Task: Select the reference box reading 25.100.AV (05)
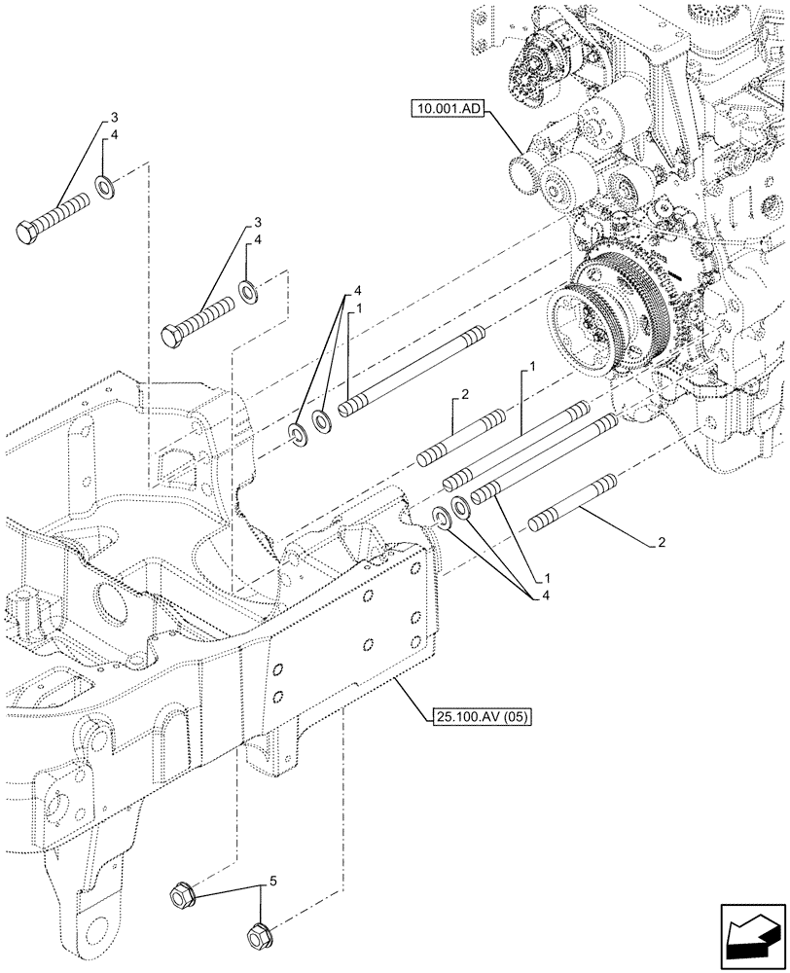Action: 474,717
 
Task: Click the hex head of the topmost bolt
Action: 28,233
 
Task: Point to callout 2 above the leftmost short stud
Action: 465,395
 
